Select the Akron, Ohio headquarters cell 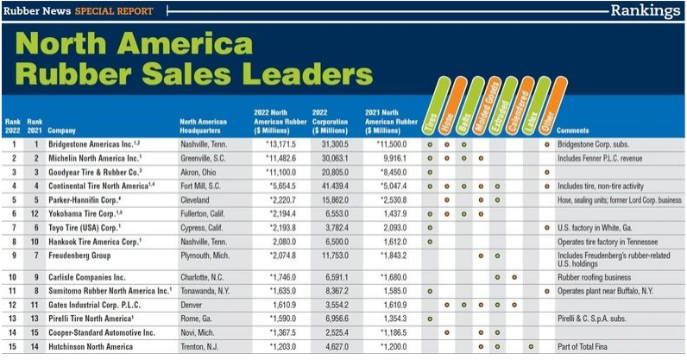(x=199, y=172)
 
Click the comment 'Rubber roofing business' (x=596, y=277)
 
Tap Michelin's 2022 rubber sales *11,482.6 (x=276, y=158)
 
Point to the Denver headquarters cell (x=191, y=305)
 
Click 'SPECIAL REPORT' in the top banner (x=113, y=11)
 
